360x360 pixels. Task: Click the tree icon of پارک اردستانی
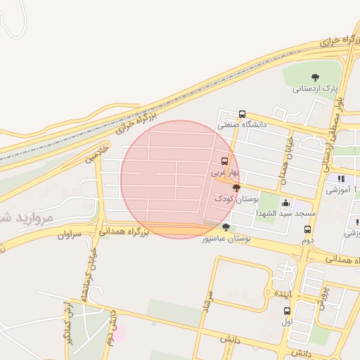(314, 77)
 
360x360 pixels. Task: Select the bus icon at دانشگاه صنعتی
(242, 114)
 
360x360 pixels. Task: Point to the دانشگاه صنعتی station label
(243, 124)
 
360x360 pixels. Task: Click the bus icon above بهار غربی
(225, 160)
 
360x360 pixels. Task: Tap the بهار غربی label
(226, 171)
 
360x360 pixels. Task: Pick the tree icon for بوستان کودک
(236, 188)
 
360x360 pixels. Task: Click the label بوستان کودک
(233, 199)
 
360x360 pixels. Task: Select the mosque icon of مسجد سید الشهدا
(285, 202)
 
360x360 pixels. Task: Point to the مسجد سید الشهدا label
(286, 213)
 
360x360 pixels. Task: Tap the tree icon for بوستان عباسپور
(226, 227)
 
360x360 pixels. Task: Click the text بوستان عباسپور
(226, 238)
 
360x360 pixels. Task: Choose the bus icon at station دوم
(307, 229)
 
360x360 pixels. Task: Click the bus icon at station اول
(286, 311)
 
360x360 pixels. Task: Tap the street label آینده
(282, 292)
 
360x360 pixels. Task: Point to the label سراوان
(70, 233)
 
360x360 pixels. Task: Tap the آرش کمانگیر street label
(69, 323)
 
